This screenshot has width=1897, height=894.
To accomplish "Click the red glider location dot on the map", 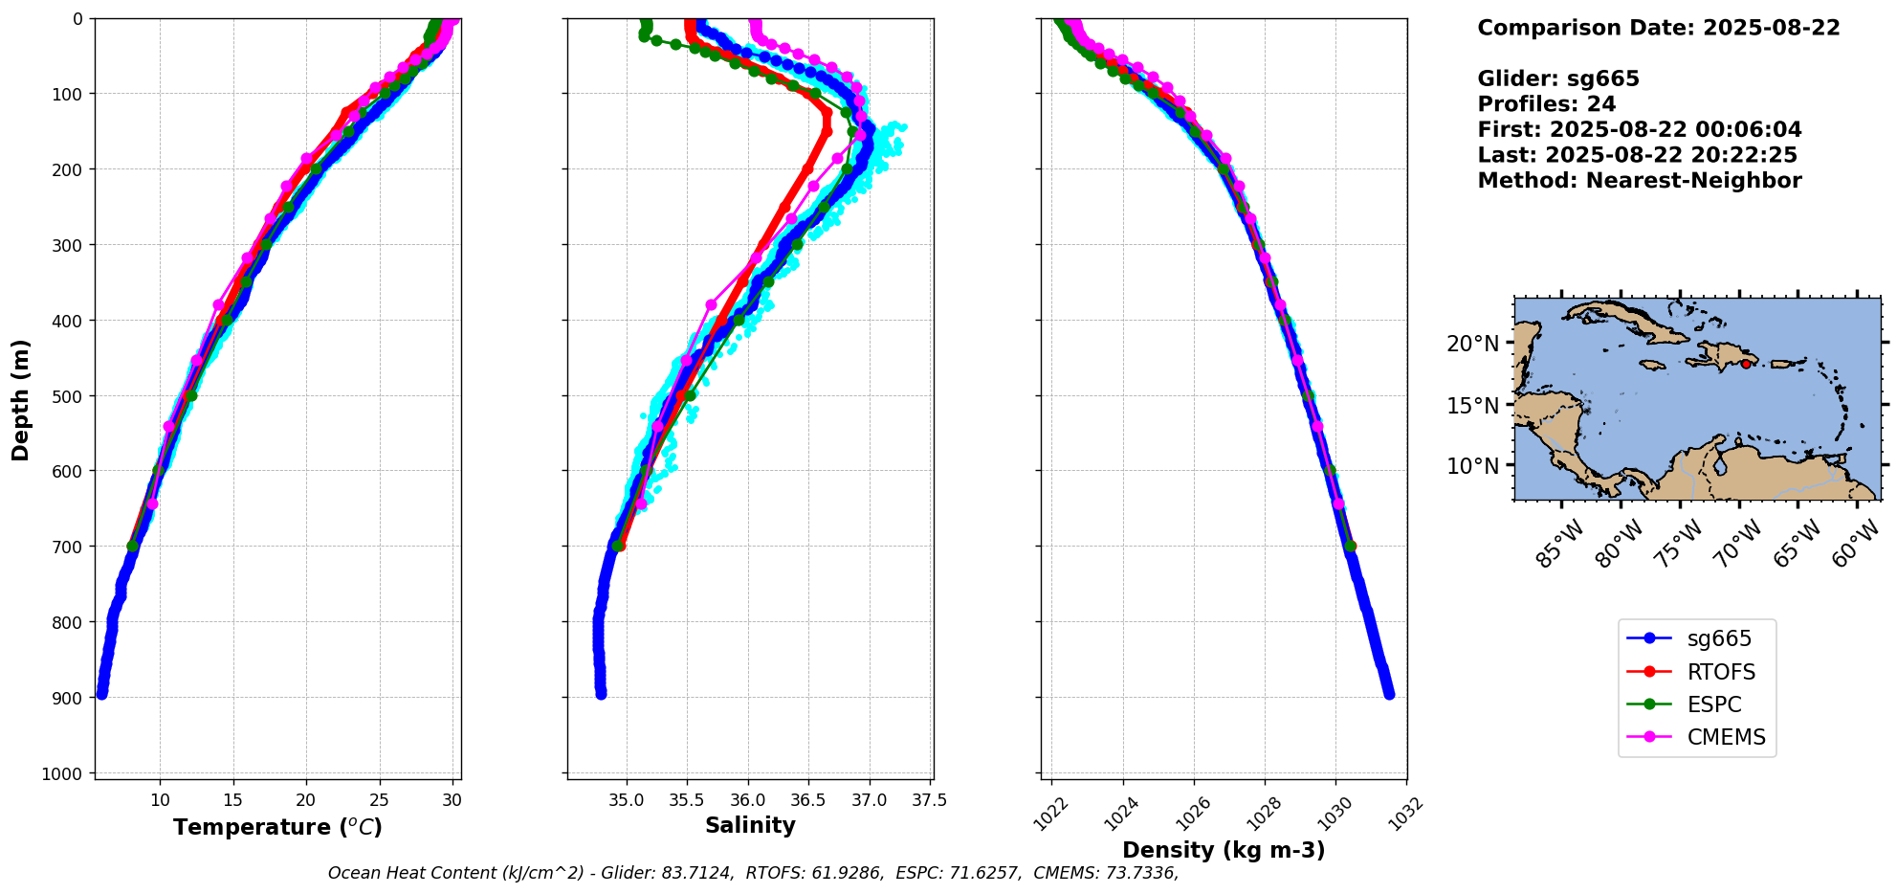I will point(1746,364).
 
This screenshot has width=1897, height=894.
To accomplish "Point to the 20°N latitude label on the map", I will point(1472,343).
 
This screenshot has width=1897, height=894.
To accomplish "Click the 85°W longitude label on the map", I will point(1560,544).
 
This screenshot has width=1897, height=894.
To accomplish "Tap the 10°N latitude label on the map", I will point(1472,466).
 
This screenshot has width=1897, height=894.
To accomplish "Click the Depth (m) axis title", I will point(21,399).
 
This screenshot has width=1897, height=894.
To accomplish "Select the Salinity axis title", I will point(750,825).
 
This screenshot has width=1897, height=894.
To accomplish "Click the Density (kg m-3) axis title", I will point(1224,850).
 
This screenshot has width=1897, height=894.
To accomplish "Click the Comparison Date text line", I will point(1658,28).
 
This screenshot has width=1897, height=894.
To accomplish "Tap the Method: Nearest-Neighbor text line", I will point(1639,181).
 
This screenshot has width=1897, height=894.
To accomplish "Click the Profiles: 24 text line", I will point(1546,104).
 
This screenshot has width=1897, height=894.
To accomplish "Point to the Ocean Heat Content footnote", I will point(753,873).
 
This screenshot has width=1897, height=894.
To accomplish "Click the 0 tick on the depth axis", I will point(77,18).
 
